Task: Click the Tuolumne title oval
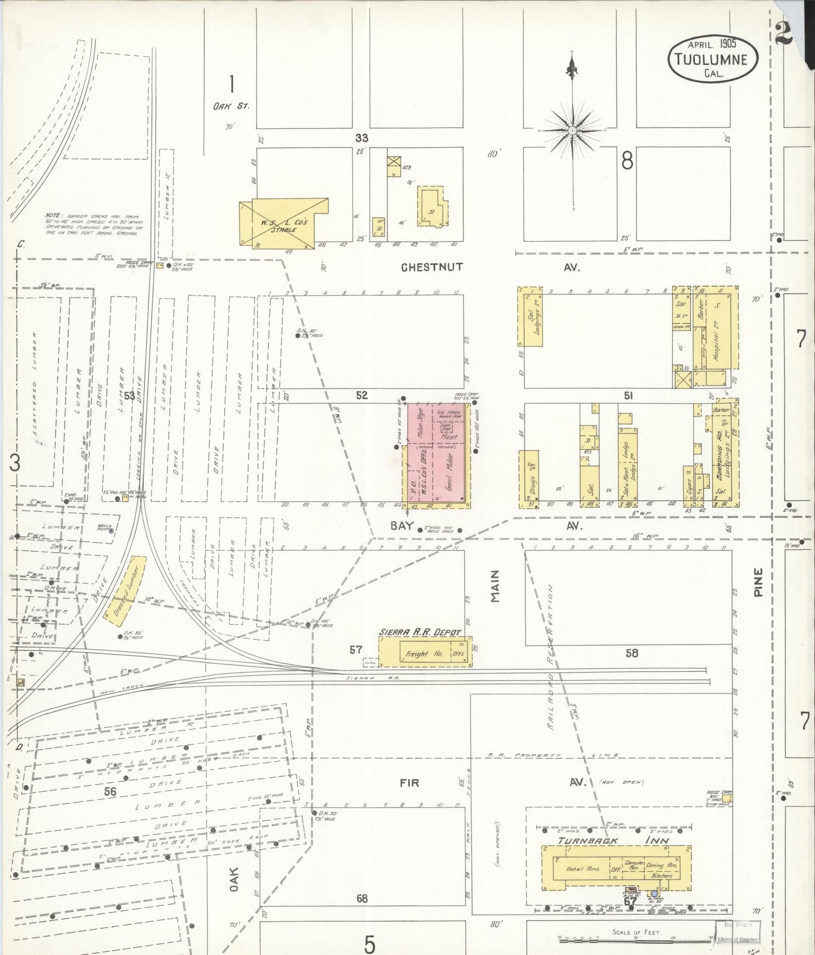point(713,58)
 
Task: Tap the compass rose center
point(572,130)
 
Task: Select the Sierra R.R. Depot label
point(420,632)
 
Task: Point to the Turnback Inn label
point(613,840)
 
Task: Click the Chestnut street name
point(431,267)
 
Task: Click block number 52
point(362,396)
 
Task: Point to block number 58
point(632,653)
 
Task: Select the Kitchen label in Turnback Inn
point(661,875)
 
